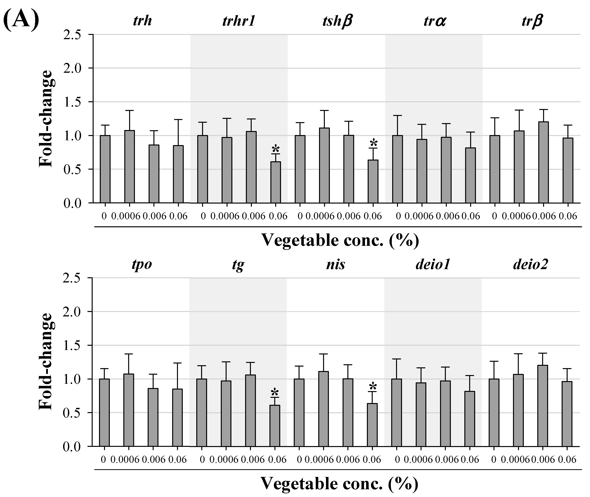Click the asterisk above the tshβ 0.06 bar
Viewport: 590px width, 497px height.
tap(373, 142)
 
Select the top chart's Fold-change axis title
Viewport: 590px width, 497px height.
tap(46, 119)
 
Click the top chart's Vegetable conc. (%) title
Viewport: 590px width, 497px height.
tap(340, 241)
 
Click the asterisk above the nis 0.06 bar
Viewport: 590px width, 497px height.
tap(372, 386)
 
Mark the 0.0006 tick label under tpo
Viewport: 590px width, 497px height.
tap(125, 460)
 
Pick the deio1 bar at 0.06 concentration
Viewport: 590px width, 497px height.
tap(469, 418)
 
